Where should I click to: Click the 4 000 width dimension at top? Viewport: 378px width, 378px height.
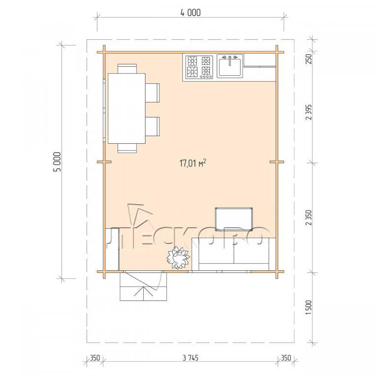pos(190,12)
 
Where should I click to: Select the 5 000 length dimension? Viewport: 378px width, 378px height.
pos(58,162)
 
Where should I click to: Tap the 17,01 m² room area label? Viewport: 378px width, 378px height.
pos(192,163)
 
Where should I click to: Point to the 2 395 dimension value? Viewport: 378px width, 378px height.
pos(309,112)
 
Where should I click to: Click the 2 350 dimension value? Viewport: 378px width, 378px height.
pos(309,218)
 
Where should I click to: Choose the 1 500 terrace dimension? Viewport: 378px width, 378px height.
pos(309,307)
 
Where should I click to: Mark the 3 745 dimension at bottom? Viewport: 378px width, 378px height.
pos(190,358)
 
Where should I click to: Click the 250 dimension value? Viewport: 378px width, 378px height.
pos(309,59)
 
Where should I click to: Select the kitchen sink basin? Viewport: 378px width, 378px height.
pos(230,66)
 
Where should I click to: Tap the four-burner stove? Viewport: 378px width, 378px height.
pos(199,67)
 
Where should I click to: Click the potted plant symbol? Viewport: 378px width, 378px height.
pos(178,257)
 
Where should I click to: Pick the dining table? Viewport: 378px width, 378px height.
pos(126,108)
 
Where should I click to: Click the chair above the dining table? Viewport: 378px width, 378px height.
pos(127,68)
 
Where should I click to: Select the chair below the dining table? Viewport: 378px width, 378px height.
pos(127,148)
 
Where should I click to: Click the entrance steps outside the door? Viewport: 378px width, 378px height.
pos(143,286)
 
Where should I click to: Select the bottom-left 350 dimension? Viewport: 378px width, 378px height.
pos(94,358)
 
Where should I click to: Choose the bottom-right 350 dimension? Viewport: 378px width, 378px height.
pos(286,358)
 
